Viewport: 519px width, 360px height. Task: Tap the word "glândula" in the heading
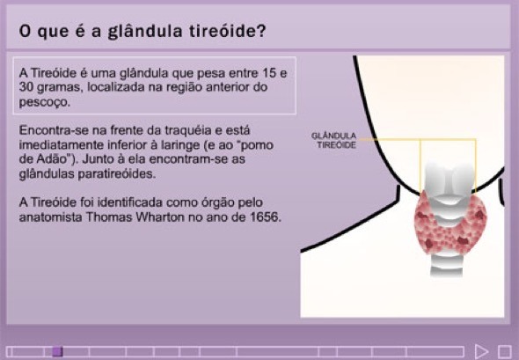(x=145, y=32)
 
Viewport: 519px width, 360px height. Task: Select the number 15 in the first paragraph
(x=269, y=73)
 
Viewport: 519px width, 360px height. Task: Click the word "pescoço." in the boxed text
(x=45, y=102)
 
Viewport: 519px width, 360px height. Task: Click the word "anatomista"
(x=51, y=217)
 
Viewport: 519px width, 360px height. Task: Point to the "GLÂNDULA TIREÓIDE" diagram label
(x=333, y=141)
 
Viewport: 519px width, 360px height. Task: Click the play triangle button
(x=481, y=351)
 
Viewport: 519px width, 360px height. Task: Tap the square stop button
(x=504, y=351)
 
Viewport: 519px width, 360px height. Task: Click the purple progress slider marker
(x=57, y=351)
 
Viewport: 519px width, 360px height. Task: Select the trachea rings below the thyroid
(x=446, y=265)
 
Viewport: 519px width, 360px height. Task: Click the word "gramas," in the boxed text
(x=58, y=88)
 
